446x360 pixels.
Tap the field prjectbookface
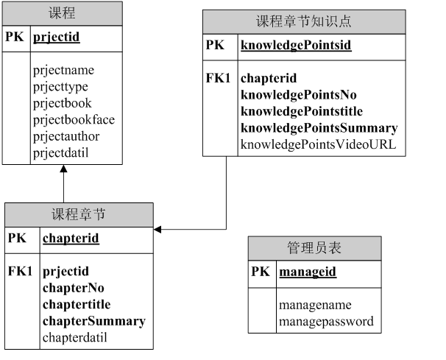[x=74, y=119]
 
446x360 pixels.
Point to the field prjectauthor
[x=66, y=136]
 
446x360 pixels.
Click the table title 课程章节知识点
[x=304, y=21]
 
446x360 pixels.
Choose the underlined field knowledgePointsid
[x=296, y=46]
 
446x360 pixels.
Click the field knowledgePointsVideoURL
[x=319, y=145]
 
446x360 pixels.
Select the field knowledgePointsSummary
[x=319, y=128]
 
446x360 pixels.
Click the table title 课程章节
[x=79, y=214]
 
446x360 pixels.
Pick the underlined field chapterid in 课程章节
[x=71, y=239]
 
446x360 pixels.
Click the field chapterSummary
[x=93, y=321]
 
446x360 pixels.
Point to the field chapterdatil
[x=75, y=338]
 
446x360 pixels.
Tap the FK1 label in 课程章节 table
[x=20, y=272]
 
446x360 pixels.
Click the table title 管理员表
[x=314, y=248]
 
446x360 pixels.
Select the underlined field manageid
[x=308, y=272]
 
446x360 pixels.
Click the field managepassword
[x=326, y=322]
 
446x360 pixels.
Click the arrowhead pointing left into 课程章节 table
[x=158, y=230]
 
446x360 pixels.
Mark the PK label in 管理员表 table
[x=261, y=272]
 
